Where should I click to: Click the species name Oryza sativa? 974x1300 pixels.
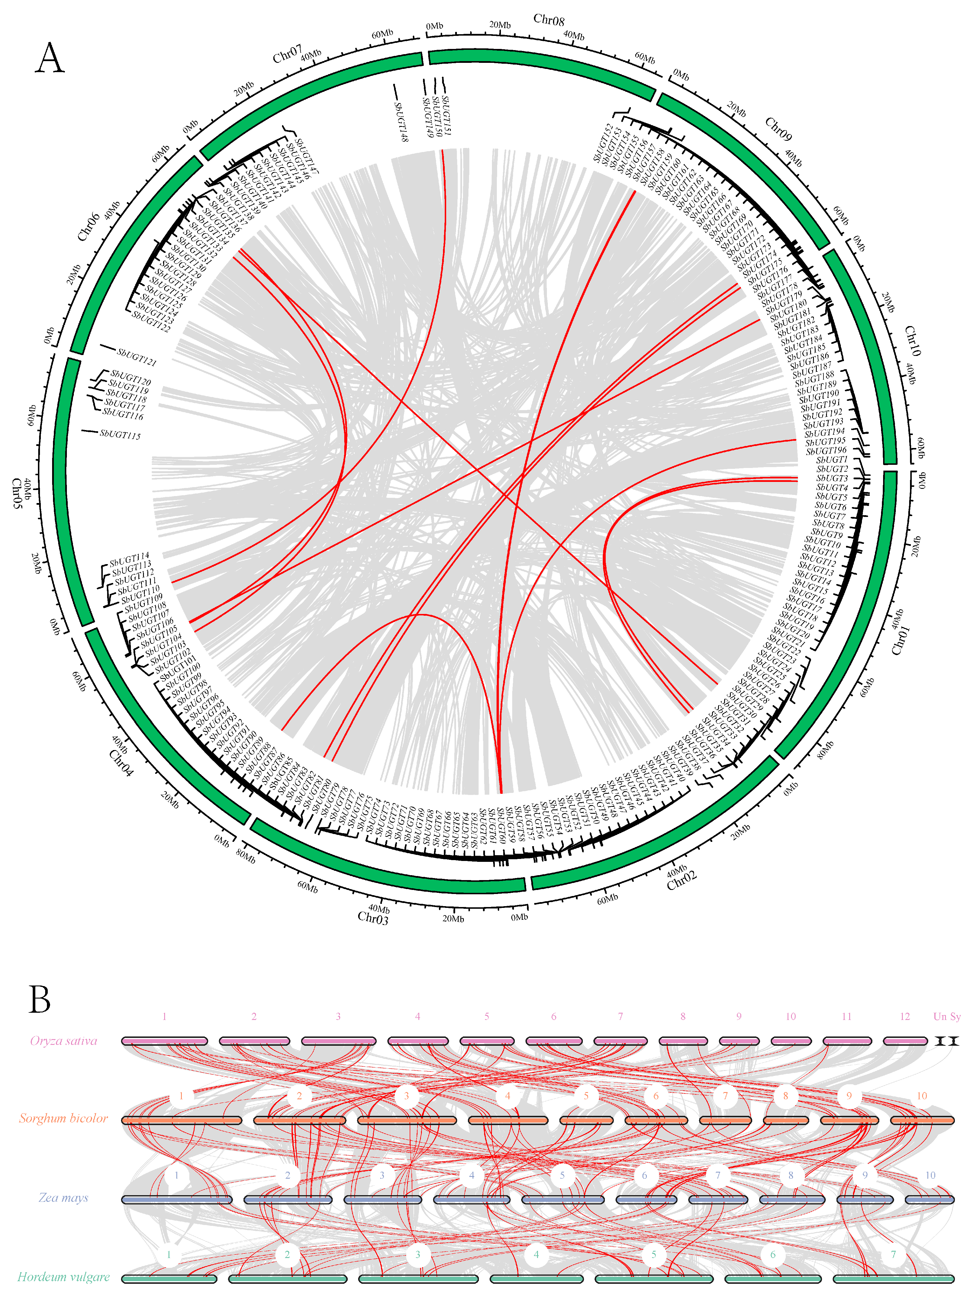pos(63,1041)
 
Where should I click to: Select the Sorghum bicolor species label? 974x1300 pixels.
pos(63,1118)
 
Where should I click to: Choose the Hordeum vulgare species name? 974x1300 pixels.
pos(63,1277)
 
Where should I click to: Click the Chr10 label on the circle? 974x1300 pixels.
pos(912,341)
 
